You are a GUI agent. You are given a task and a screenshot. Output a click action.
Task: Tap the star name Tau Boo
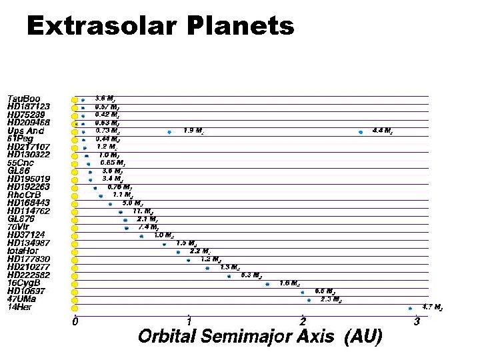tap(23, 99)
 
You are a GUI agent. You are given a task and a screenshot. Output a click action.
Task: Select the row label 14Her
tap(19, 307)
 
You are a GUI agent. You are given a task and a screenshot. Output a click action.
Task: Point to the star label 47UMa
tap(22, 299)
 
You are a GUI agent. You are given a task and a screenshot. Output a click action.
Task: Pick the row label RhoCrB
tap(24, 195)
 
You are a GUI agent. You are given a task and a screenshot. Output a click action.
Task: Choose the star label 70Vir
tap(19, 227)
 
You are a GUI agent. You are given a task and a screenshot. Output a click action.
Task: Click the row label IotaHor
tap(23, 251)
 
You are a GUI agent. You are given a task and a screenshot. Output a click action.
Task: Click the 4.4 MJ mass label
tap(382, 131)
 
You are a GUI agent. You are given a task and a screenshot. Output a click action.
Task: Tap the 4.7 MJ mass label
tap(433, 307)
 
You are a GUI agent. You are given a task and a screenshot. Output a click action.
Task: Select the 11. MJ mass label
tap(143, 211)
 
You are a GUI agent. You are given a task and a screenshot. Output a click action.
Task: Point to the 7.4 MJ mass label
tap(148, 227)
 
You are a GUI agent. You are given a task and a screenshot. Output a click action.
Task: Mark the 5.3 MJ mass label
tap(251, 275)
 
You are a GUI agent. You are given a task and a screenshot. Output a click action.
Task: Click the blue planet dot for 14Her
tap(410, 308)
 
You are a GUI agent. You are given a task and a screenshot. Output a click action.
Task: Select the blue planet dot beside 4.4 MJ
tap(361, 132)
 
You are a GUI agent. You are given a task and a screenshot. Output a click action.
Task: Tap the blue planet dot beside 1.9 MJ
tap(169, 132)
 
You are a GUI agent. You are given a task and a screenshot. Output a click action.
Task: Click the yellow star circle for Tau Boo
tap(75, 100)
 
